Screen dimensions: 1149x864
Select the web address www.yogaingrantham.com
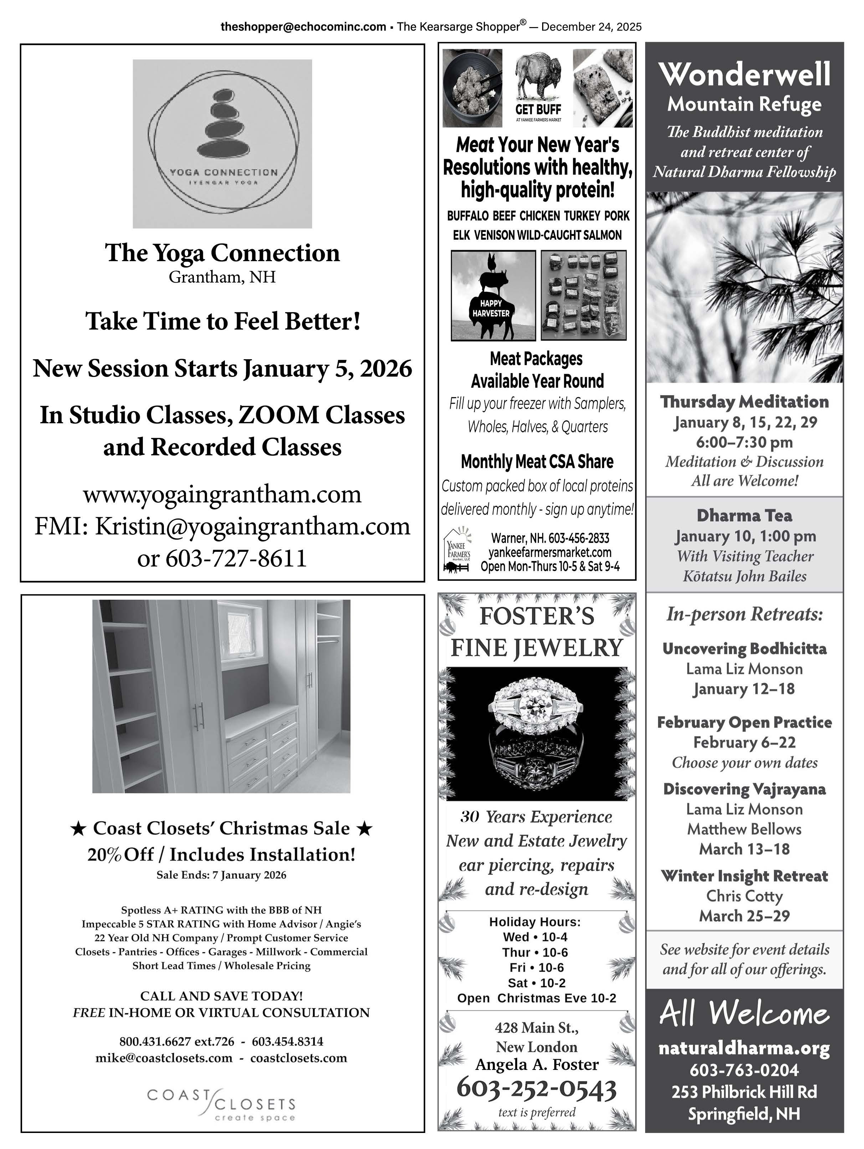222,494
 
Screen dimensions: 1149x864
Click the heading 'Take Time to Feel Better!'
223,321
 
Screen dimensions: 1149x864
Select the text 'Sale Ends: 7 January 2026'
221,875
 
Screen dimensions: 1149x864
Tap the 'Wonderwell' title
745,74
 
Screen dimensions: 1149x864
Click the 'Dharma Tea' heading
745,516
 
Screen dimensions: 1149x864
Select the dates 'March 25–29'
745,916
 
